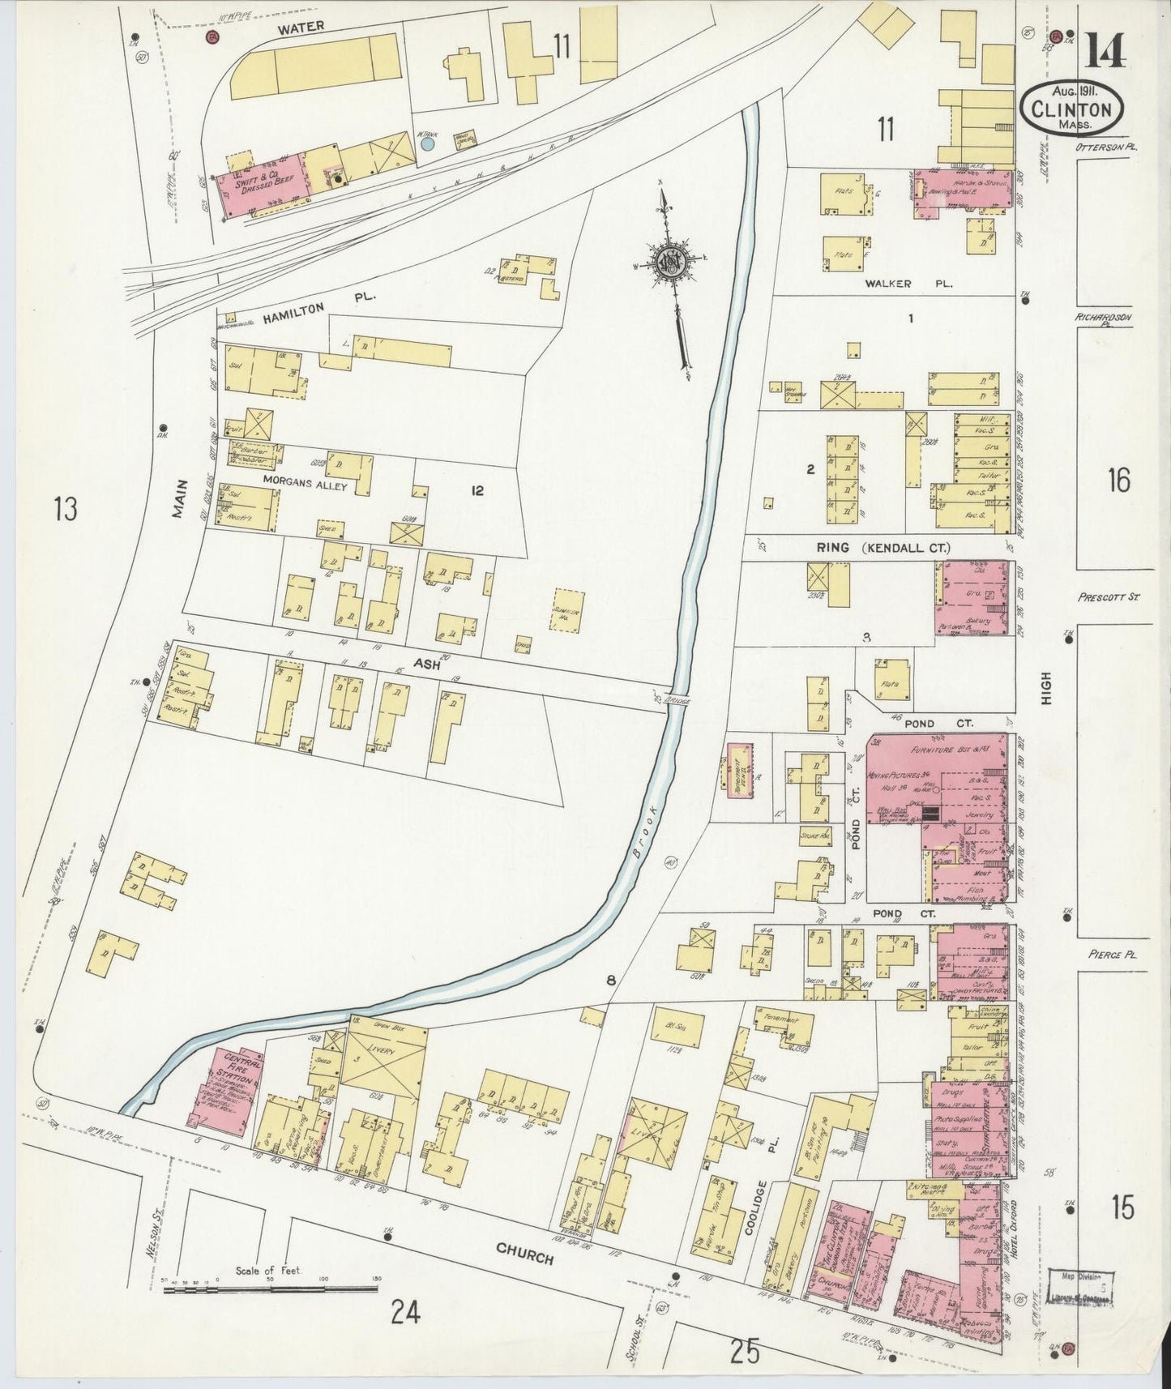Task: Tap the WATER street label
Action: point(301,28)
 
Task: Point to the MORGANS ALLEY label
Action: point(305,486)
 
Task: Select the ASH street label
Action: point(426,665)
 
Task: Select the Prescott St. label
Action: point(1109,597)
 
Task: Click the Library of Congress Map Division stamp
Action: point(1080,1289)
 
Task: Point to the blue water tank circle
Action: point(427,143)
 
